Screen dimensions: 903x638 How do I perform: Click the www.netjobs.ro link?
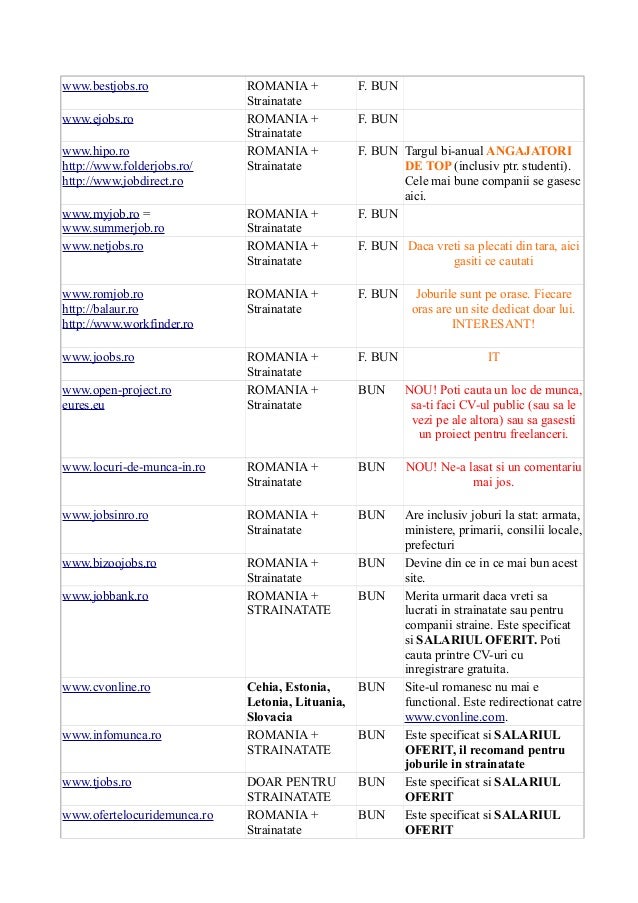[102, 246]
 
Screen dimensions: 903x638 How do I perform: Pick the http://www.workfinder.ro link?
[128, 325]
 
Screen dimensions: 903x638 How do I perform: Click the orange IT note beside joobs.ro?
[493, 356]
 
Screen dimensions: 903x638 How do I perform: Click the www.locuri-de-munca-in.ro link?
[134, 467]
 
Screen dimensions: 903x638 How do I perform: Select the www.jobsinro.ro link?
[105, 516]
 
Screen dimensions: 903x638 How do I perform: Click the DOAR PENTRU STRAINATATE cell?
[289, 789]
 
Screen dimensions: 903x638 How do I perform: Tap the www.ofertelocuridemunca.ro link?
[138, 815]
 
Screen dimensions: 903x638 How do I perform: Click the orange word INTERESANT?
[493, 325]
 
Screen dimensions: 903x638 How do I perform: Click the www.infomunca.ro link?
[112, 735]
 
